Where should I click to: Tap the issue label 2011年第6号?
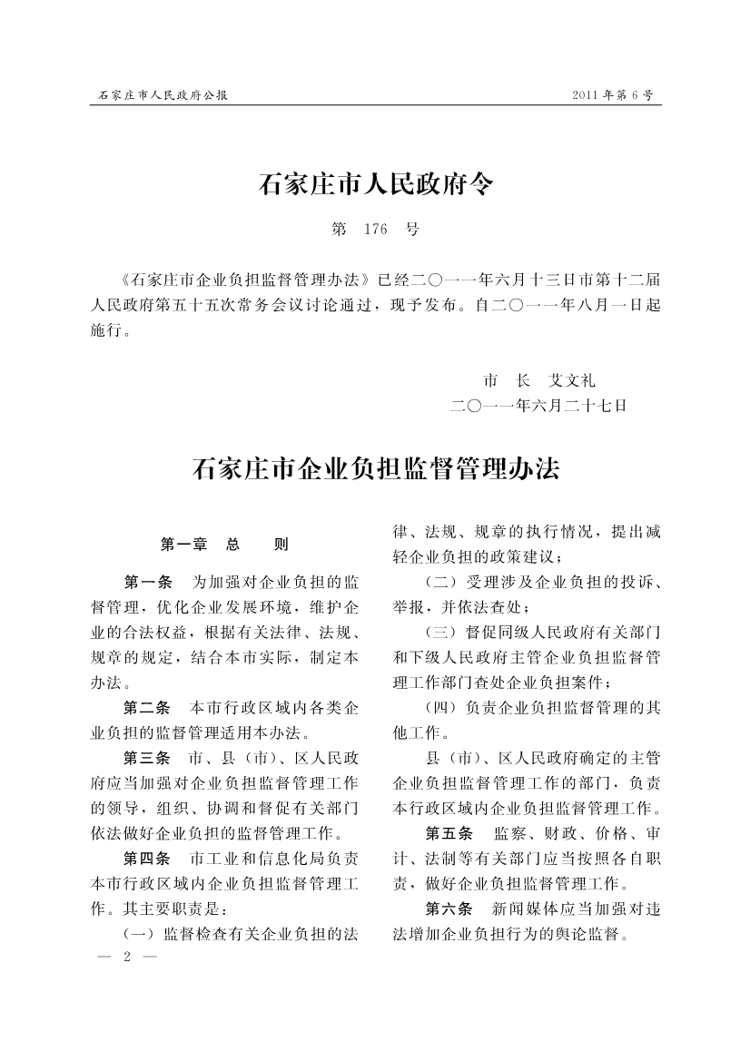(613, 94)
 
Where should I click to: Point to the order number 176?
(375, 230)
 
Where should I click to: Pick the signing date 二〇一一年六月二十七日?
(538, 406)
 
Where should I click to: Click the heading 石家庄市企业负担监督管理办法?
(375, 469)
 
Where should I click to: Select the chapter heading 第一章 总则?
(223, 545)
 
